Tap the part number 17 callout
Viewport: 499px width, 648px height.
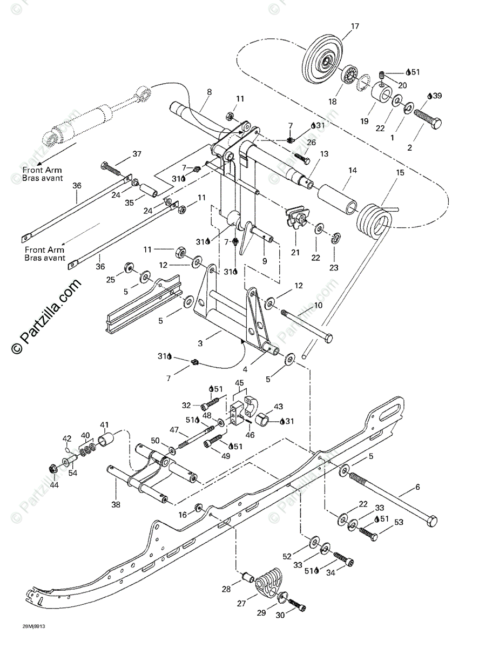click(x=354, y=26)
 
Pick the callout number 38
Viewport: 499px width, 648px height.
click(x=116, y=505)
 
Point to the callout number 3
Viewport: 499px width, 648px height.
click(x=201, y=343)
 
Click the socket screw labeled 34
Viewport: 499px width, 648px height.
click(x=343, y=559)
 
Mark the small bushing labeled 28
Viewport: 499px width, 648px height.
click(x=248, y=579)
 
